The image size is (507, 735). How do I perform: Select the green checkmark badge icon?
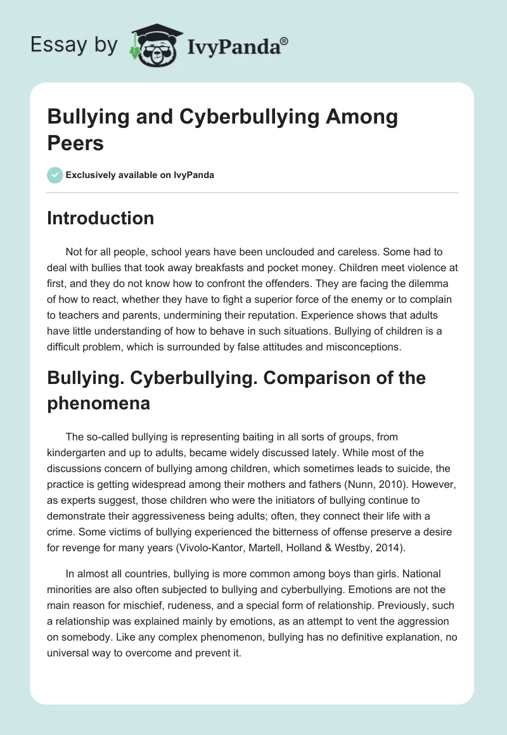[x=55, y=175]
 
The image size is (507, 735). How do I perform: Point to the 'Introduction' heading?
[x=100, y=218]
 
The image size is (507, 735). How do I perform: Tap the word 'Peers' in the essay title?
[x=75, y=143]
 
